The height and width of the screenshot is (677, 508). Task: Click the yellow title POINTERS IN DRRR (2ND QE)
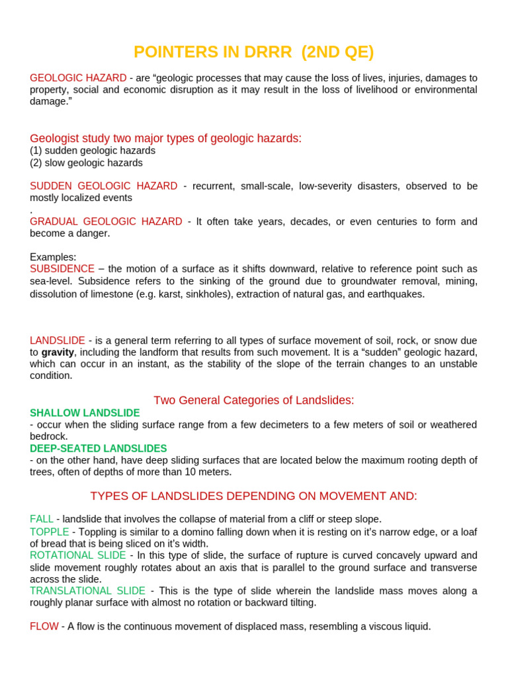coord(253,52)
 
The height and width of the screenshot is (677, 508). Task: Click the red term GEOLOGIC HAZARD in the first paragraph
coord(78,78)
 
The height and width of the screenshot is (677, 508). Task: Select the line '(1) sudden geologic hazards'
coord(93,151)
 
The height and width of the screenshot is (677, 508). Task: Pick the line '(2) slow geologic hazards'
coord(86,163)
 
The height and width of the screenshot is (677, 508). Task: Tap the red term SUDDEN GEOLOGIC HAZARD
coord(103,186)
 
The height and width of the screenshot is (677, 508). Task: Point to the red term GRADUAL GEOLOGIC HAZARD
coord(106,221)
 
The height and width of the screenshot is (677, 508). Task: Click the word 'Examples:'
coord(53,257)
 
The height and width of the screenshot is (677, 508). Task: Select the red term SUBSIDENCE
coord(62,269)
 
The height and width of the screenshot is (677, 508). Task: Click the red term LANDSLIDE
coord(58,340)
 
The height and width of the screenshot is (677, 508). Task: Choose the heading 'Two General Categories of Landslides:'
coord(254,401)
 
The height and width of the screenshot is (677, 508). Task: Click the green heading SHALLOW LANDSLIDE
coord(85,413)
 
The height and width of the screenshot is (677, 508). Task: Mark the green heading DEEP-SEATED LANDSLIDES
coord(99,449)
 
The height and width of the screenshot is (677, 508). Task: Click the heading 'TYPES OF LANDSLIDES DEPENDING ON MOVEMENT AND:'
coord(254,497)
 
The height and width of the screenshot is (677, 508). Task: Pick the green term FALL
coord(40,520)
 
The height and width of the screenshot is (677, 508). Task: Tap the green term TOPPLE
coord(50,532)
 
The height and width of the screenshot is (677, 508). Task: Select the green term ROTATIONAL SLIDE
coord(77,555)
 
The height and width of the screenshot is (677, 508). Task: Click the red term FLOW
coord(44,626)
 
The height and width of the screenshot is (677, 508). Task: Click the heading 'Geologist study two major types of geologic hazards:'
coord(165,138)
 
